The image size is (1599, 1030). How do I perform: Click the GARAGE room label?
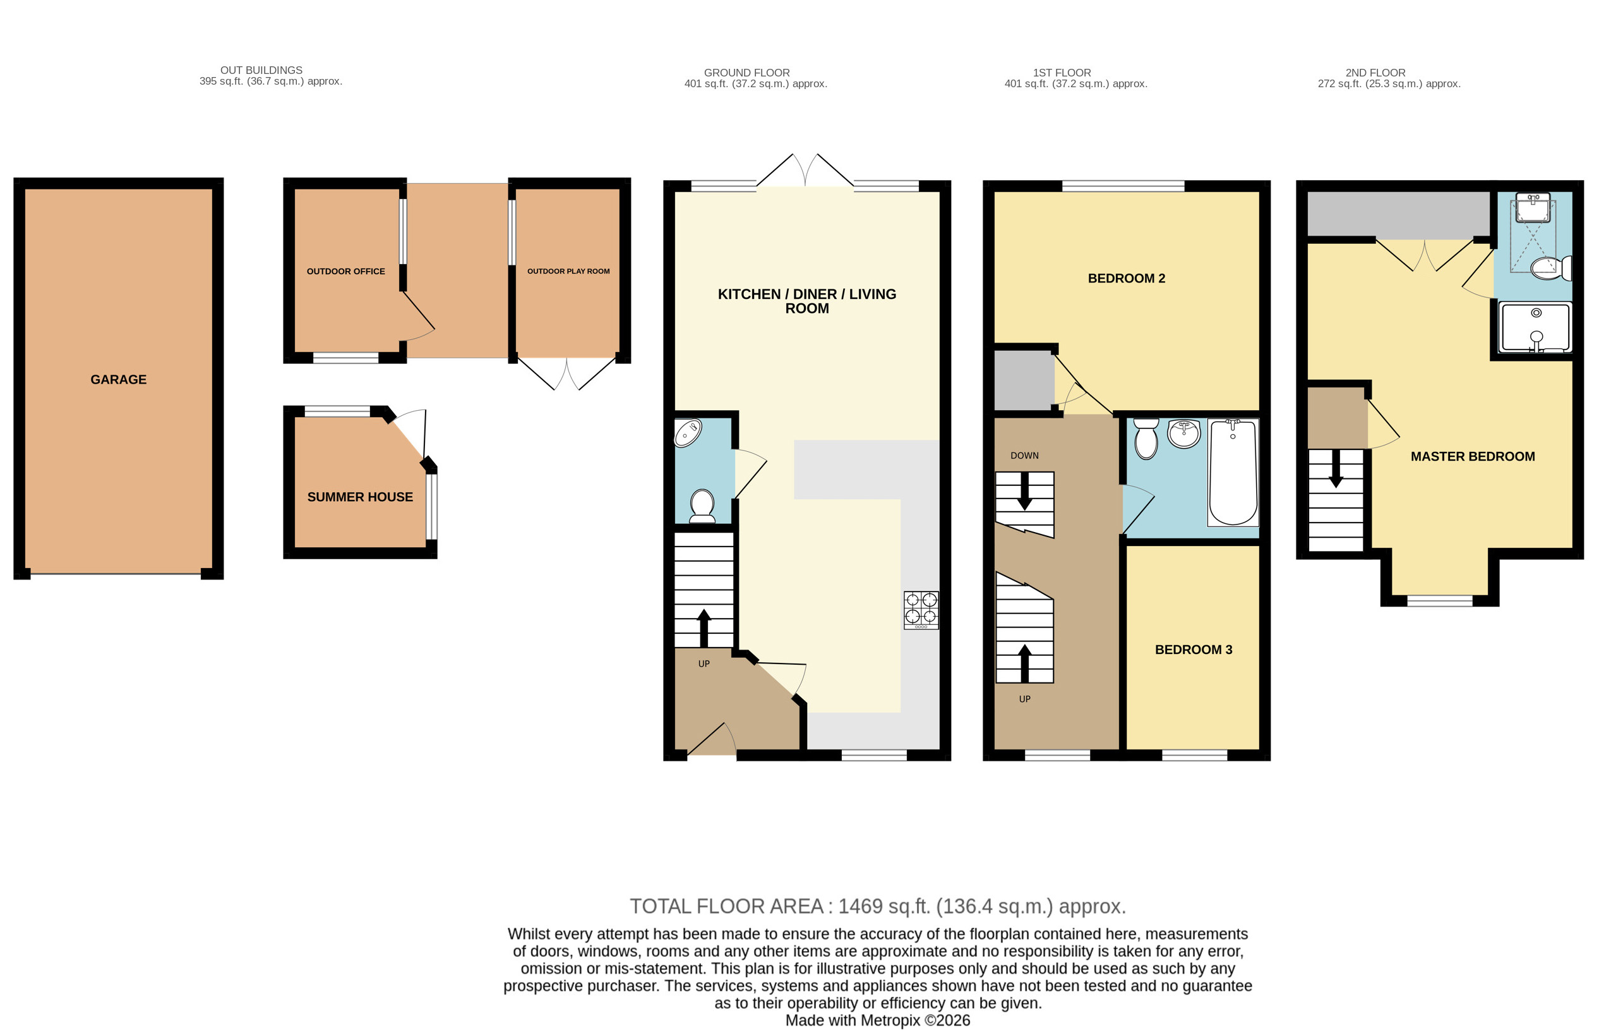(x=118, y=379)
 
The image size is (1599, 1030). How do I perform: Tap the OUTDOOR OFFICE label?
(x=345, y=271)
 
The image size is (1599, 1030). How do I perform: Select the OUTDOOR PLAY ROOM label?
(x=568, y=271)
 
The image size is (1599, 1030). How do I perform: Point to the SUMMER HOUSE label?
(x=359, y=497)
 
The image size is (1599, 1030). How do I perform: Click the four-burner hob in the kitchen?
(x=921, y=609)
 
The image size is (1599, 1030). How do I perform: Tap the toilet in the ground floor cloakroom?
(x=702, y=506)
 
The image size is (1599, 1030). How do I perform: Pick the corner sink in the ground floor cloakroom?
(x=687, y=433)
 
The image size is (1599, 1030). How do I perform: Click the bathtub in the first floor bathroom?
(x=1233, y=472)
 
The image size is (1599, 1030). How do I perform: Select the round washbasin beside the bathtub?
(x=1184, y=433)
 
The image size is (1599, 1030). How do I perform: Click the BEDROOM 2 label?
(x=1127, y=278)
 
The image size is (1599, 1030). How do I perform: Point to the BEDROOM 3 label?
(x=1193, y=650)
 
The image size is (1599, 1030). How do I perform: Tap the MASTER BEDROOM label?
(x=1472, y=456)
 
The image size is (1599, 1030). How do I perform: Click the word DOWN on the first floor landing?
(x=1024, y=456)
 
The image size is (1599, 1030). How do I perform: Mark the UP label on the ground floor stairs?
(x=704, y=663)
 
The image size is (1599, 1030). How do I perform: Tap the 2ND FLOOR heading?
(x=1375, y=72)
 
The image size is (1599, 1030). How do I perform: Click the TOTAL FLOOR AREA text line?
(x=877, y=906)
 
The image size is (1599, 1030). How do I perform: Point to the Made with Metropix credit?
(x=877, y=1020)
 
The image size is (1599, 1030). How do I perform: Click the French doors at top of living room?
(x=805, y=171)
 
